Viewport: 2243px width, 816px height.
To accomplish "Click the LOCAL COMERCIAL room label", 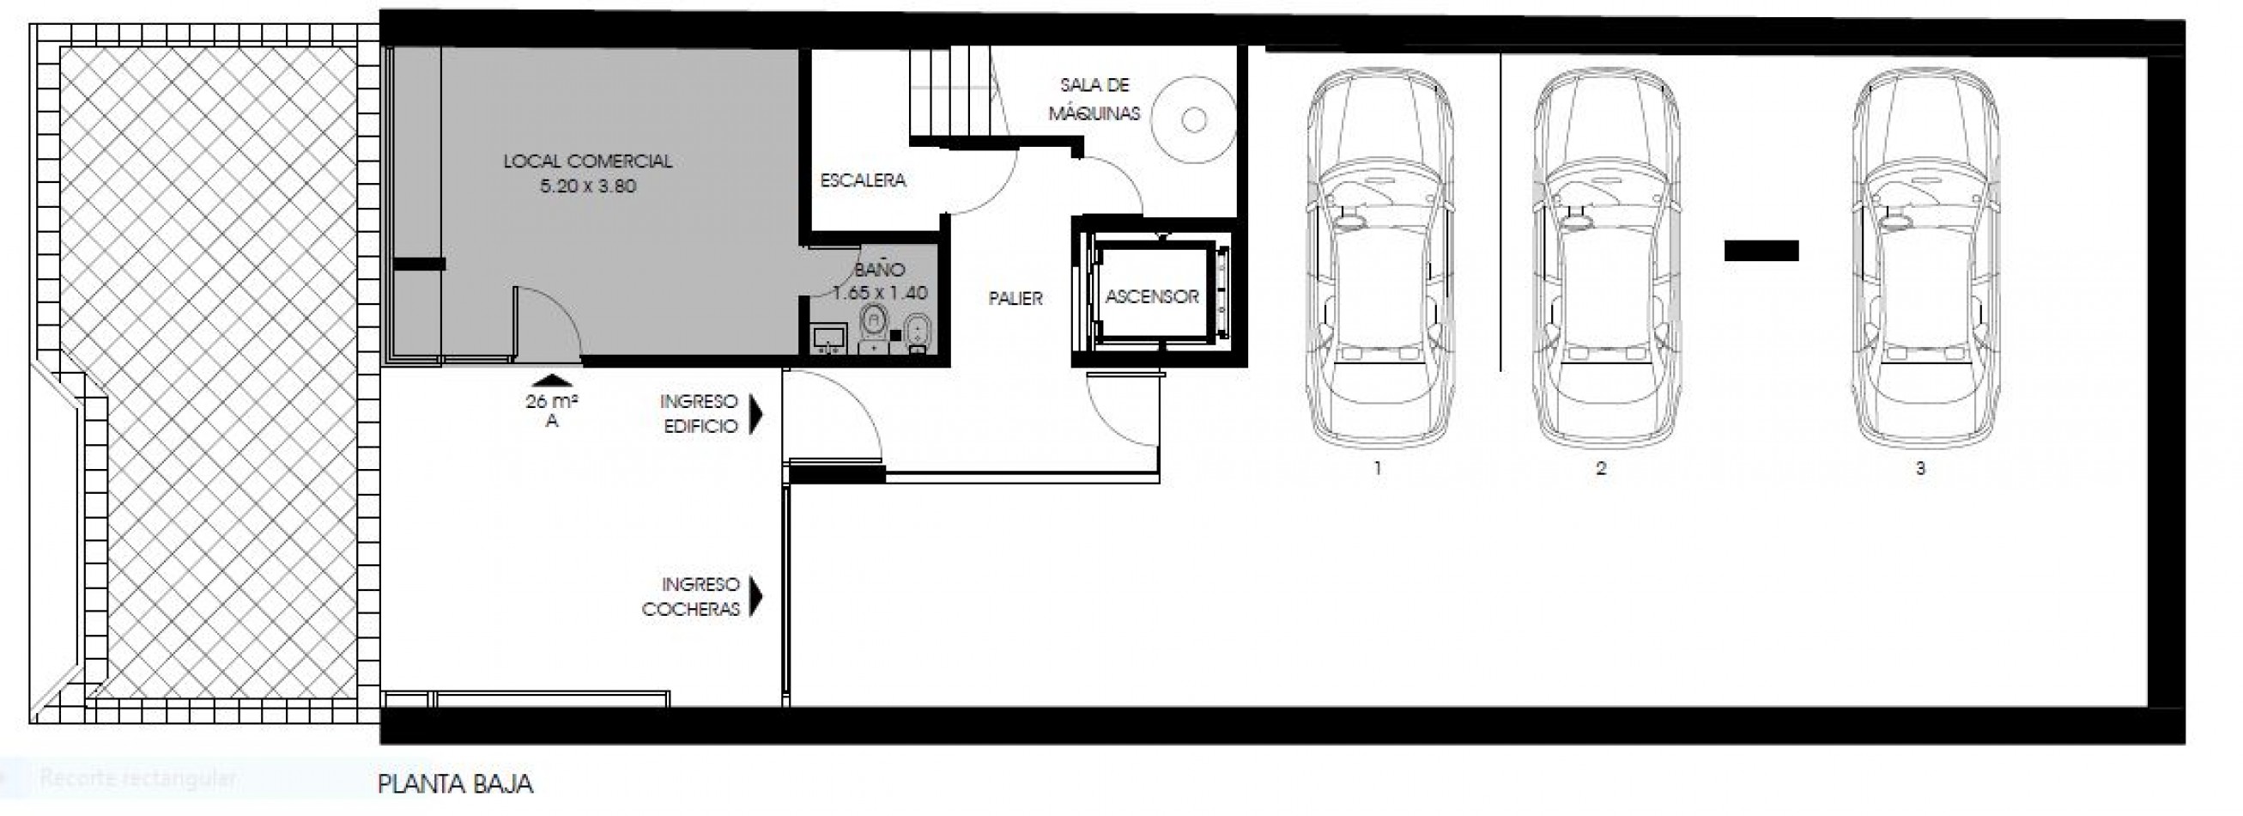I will coord(588,161).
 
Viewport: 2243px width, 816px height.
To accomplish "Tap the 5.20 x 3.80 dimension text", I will coord(588,186).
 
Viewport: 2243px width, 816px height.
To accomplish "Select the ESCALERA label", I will coord(863,180).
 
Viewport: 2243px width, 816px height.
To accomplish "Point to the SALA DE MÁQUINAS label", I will coord(1094,100).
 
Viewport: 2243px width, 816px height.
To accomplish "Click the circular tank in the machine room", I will coord(1194,120).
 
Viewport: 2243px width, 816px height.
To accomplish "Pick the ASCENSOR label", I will coord(1152,297).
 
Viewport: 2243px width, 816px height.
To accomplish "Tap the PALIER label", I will coord(1015,299).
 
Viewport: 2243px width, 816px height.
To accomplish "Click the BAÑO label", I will coord(880,270).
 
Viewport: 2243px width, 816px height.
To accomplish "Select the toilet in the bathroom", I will coord(873,327).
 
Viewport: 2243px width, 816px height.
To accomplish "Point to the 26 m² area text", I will coord(552,401).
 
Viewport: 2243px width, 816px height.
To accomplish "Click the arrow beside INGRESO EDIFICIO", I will coord(755,415).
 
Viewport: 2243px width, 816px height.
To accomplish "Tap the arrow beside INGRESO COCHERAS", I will coord(755,598).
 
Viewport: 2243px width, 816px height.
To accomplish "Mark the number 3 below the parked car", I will coord(1920,468).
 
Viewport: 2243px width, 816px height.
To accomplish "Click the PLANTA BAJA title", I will coord(454,783).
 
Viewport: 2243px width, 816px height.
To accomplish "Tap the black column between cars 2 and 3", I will coord(1761,251).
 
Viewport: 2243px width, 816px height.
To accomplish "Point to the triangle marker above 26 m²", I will coord(551,380).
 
